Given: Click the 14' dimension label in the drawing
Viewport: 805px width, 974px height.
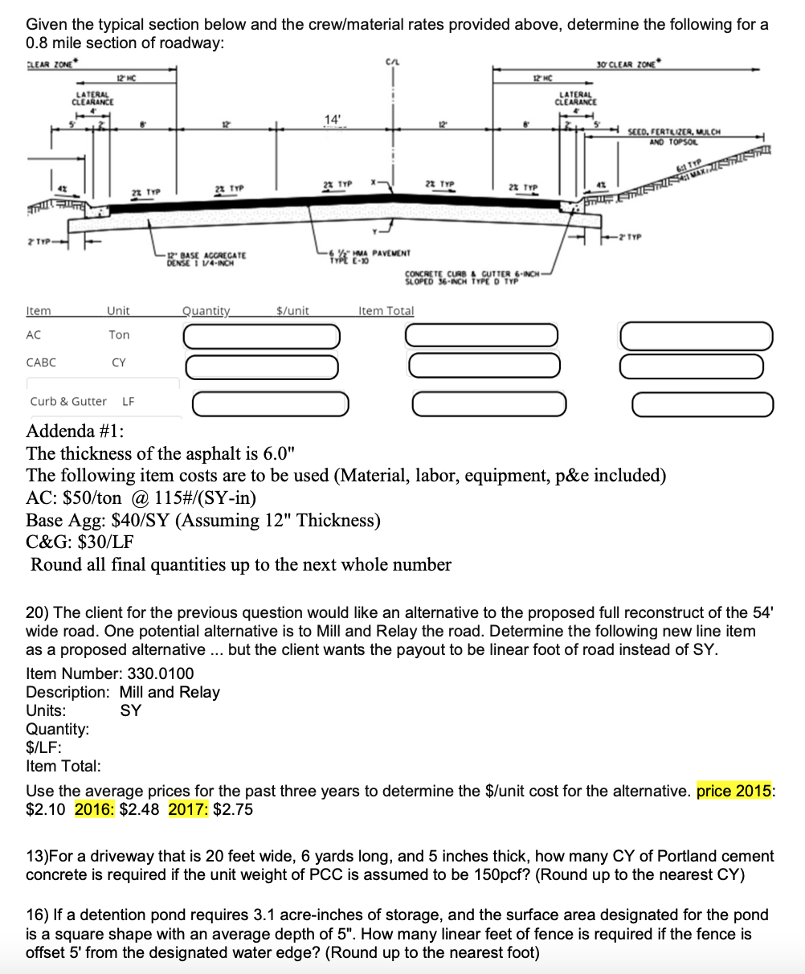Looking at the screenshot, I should pos(332,120).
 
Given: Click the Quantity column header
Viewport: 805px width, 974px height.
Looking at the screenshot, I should pos(206,310).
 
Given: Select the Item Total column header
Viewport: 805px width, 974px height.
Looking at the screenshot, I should pos(386,310).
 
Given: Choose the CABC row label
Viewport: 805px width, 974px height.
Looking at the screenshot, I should pos(41,362).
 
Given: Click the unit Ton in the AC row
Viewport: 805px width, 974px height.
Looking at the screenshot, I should pos(119,334).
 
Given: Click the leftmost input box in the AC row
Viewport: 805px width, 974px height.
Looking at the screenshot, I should pos(260,337).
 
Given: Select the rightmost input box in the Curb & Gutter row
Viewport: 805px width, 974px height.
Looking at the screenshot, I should pos(703,404).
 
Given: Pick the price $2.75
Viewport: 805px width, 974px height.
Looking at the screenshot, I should pos(233,809).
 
